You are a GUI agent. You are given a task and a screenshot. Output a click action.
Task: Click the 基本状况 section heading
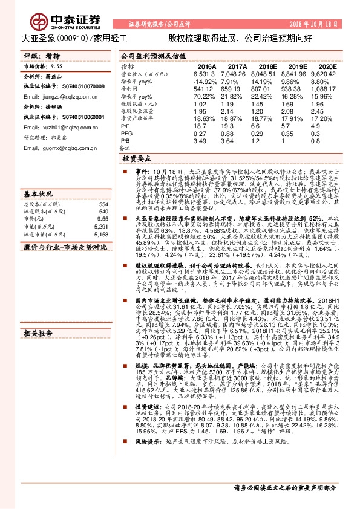[39, 195]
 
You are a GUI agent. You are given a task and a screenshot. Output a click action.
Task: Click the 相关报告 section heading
[39, 333]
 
